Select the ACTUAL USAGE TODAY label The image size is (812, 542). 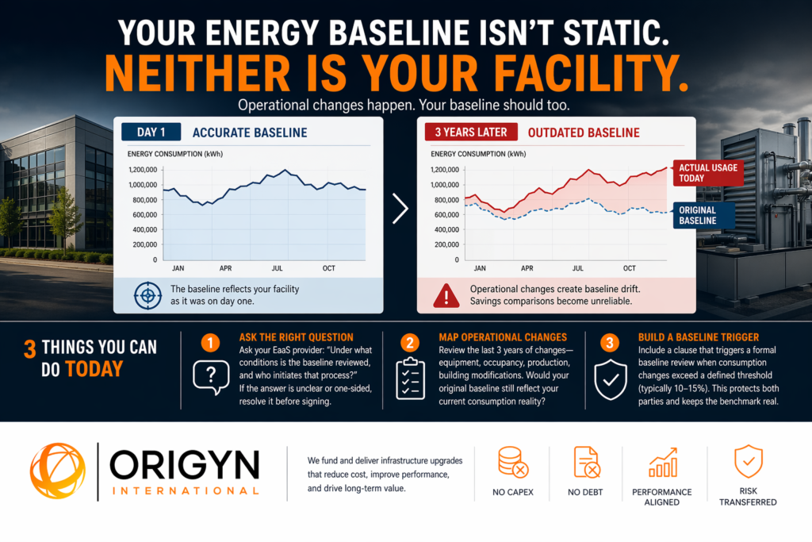click(x=708, y=172)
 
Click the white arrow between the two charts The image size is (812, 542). click(x=400, y=208)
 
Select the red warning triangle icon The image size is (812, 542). click(x=446, y=296)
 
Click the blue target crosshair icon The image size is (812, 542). click(x=145, y=296)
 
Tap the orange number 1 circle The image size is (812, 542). click(x=210, y=344)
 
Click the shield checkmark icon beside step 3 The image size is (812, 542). click(x=610, y=379)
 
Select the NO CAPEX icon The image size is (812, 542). click(x=511, y=463)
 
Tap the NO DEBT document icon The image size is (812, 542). click(x=586, y=463)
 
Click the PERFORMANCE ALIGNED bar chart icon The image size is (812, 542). click(x=662, y=461)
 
